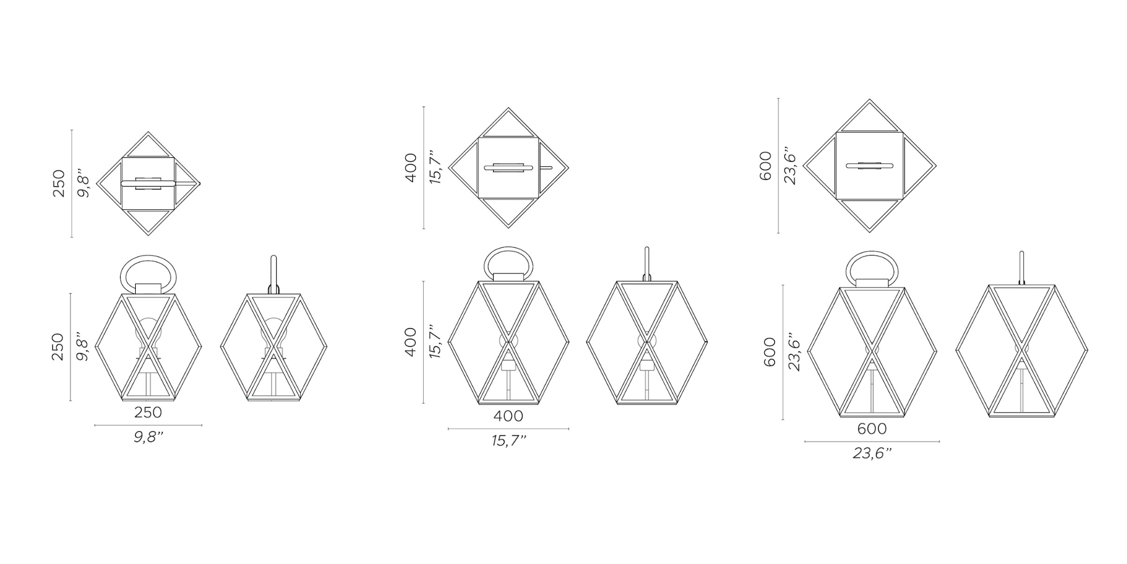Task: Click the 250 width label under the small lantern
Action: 148,412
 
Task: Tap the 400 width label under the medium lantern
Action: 508,416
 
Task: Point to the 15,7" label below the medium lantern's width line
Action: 509,440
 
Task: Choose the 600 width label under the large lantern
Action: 872,429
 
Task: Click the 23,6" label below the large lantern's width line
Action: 872,453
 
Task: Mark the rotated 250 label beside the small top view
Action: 59,184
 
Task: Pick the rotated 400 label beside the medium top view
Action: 411,168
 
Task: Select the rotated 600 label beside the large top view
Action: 765,166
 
